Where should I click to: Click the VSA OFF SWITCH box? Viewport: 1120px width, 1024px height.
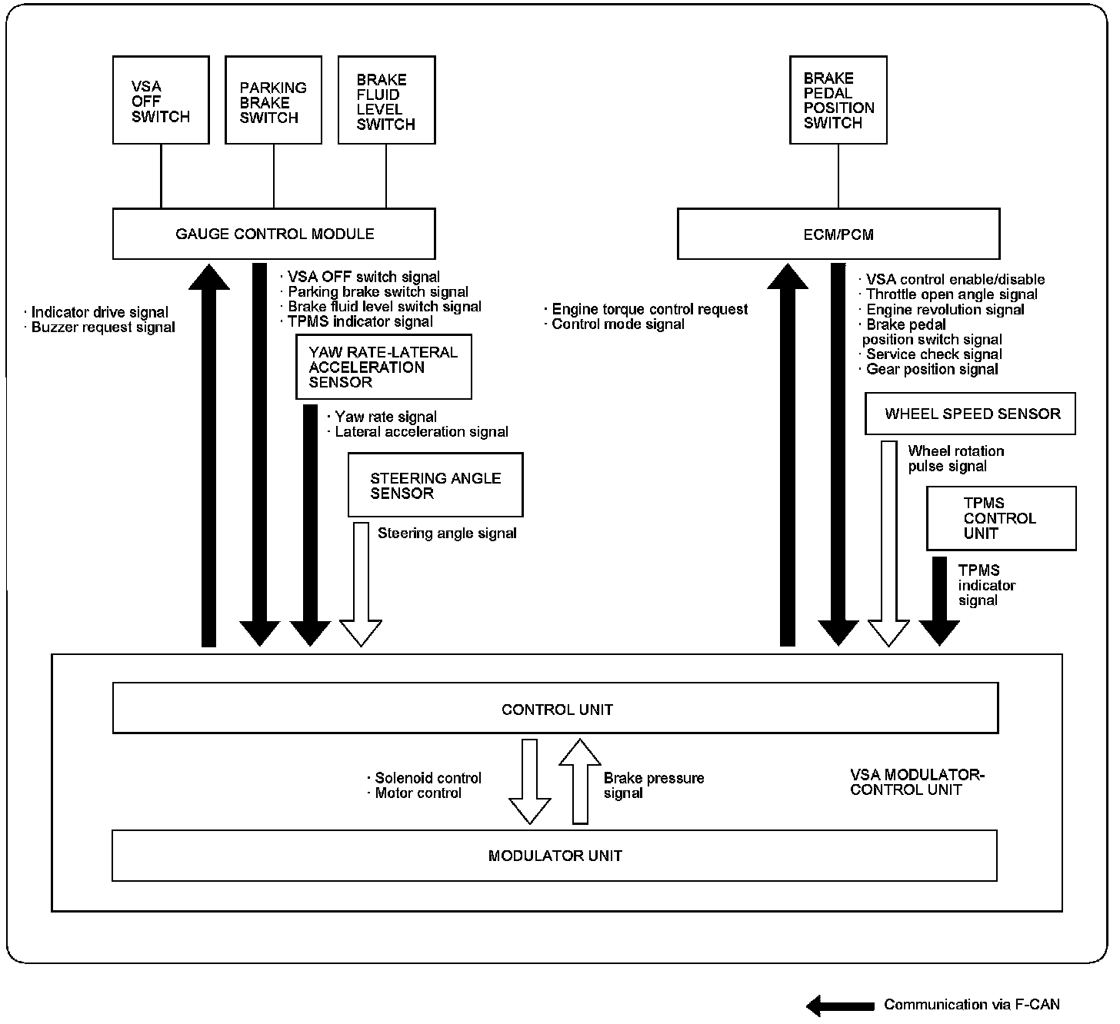tap(161, 100)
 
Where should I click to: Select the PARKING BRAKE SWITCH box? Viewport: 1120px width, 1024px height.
tap(273, 100)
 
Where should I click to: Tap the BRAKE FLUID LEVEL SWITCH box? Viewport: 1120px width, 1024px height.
tap(386, 100)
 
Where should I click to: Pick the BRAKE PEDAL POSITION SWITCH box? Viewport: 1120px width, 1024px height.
tap(838, 99)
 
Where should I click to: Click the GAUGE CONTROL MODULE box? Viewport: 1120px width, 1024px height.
tap(274, 234)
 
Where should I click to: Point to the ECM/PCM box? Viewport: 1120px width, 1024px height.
tap(838, 234)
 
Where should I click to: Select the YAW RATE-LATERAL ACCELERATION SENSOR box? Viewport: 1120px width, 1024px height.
tap(383, 367)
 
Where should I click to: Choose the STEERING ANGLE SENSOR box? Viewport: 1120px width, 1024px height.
tap(435, 485)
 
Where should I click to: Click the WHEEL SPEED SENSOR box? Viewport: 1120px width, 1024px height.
tap(970, 414)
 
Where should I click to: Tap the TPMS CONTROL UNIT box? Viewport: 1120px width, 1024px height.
tap(1000, 518)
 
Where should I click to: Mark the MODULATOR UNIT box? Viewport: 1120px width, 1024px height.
tap(555, 856)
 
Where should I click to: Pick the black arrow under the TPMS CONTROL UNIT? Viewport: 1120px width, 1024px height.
tap(939, 600)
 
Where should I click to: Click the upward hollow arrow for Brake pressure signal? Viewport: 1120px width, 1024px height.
tap(579, 781)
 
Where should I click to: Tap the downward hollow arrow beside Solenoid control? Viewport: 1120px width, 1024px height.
tap(530, 781)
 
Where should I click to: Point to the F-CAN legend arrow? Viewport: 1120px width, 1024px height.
tap(840, 1005)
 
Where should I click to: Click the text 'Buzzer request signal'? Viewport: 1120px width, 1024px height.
tap(103, 327)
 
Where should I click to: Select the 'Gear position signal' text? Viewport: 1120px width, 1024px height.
tap(932, 369)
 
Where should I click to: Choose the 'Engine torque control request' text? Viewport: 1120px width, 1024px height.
tap(650, 309)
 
